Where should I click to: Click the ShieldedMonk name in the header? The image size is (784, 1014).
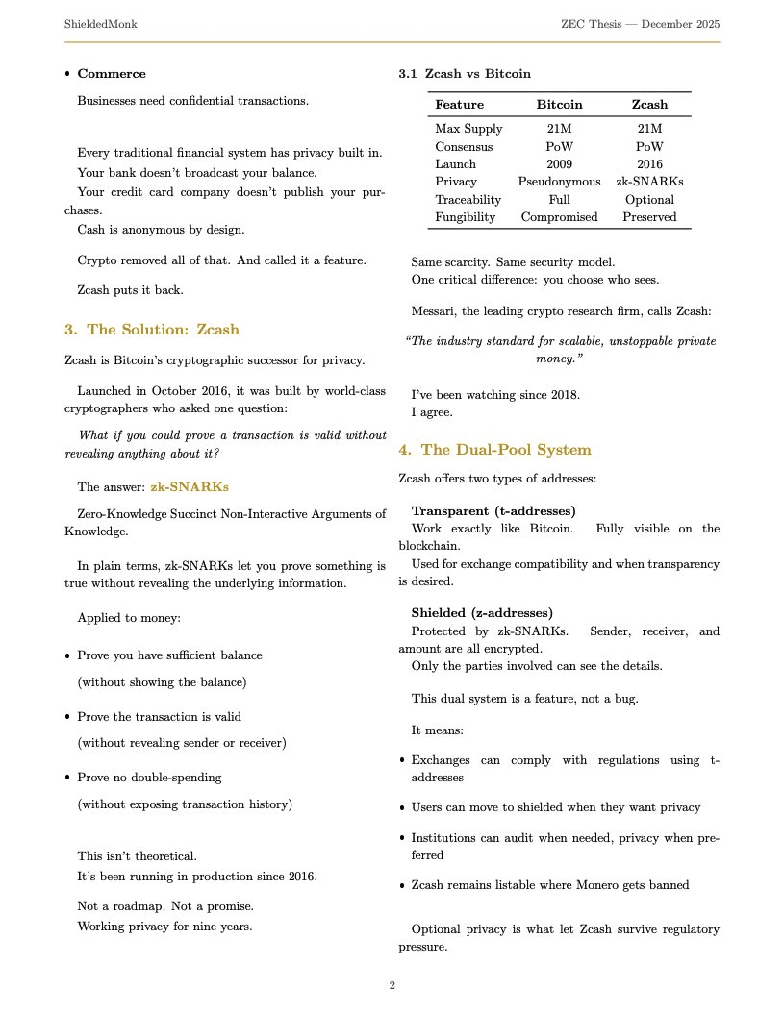pos(100,24)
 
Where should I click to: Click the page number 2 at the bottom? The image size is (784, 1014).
pos(392,985)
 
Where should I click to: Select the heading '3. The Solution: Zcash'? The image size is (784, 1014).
pos(151,330)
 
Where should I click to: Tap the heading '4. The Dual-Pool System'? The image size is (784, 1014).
pos(494,450)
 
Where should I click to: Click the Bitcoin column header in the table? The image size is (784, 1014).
pos(559,104)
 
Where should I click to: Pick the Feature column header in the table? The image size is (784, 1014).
pos(459,104)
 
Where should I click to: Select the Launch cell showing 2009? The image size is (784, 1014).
pos(559,164)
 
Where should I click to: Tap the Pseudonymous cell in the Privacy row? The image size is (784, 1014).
pos(559,182)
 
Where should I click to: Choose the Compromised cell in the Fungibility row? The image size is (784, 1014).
pos(559,217)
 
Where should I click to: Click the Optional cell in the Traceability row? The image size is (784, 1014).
pos(649,200)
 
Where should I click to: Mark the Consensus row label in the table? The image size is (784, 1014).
pos(464,147)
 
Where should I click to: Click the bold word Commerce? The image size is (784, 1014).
pos(112,74)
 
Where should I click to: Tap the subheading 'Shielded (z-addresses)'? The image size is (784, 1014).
pos(481,613)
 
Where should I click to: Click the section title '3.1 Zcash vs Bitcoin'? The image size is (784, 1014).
pos(465,74)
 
